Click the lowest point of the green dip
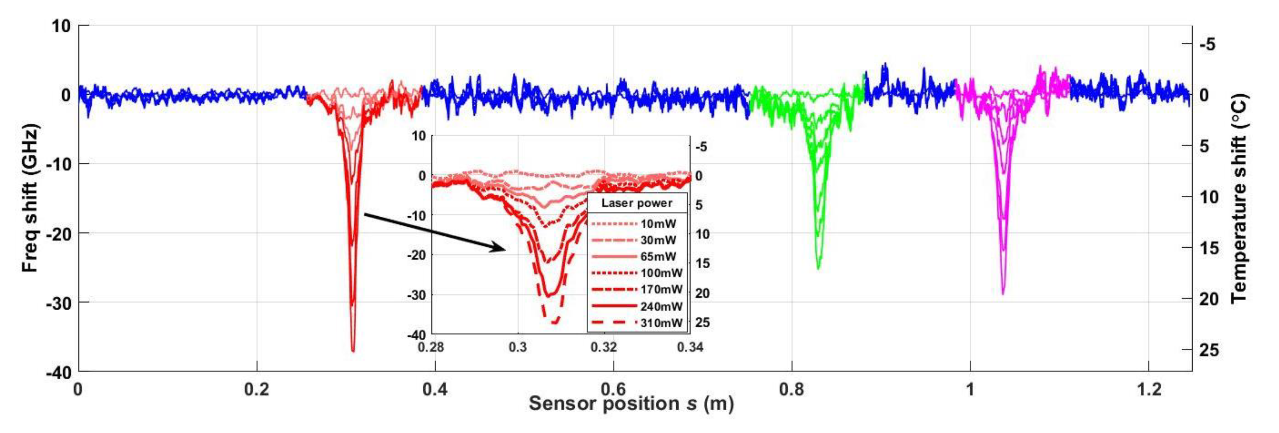click(x=818, y=269)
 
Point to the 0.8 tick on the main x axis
click(x=792, y=389)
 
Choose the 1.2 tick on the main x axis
click(x=1149, y=389)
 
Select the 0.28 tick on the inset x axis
click(x=431, y=347)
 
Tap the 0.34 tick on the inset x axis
click(x=690, y=347)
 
